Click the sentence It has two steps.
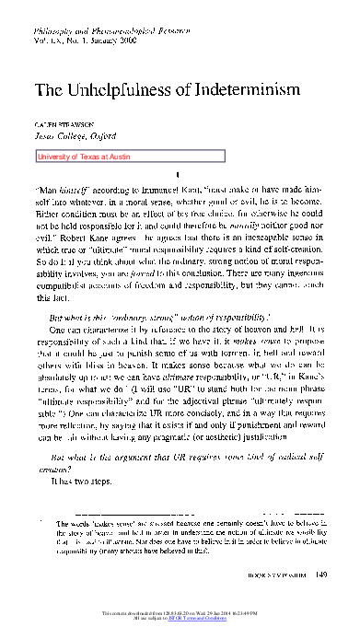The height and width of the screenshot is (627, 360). tap(82, 481)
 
